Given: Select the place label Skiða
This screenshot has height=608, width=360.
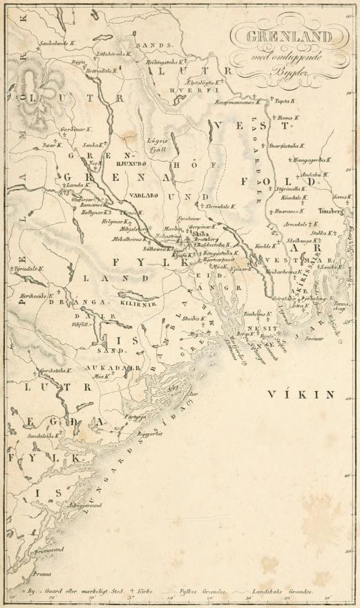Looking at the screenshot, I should click(200, 234).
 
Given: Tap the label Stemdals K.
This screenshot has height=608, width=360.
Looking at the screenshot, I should click(221, 205).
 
